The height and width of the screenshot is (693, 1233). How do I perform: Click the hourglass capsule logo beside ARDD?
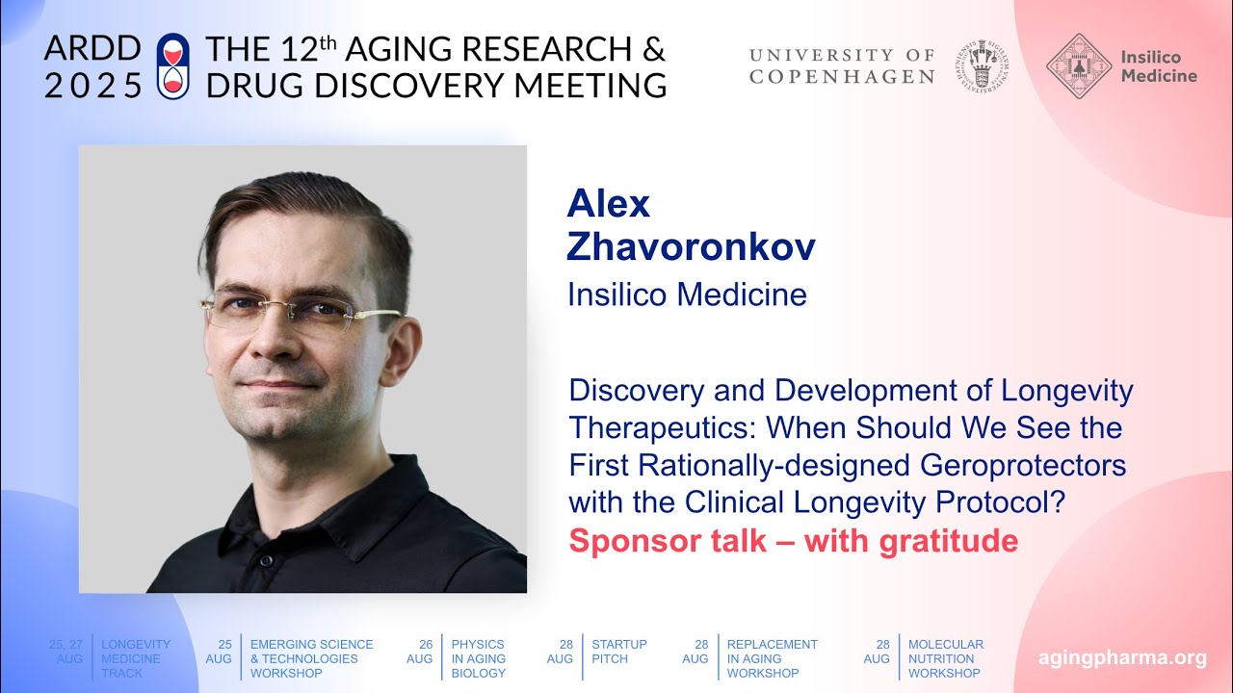point(172,65)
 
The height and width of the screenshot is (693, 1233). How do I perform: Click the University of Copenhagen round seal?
point(983,65)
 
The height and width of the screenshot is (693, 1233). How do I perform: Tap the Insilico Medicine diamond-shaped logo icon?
point(1078,65)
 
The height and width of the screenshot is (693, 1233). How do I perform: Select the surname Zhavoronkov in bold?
point(691,247)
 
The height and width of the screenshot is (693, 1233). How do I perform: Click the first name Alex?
point(609,203)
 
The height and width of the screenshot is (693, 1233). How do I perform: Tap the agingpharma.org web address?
point(1122,658)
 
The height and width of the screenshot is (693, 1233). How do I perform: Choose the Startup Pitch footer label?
point(619,652)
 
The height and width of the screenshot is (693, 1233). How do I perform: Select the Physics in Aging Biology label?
point(479,658)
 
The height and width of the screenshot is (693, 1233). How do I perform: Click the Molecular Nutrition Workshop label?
point(946,658)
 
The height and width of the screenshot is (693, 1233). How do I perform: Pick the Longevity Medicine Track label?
point(136,658)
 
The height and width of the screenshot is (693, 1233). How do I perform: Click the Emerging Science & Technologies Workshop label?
point(311,658)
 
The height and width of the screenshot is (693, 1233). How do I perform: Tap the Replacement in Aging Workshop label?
point(773,658)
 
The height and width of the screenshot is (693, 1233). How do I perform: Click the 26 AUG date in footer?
point(419,652)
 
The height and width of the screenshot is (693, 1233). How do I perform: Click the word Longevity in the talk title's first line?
point(1067,390)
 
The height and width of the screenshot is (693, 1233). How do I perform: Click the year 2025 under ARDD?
point(92,86)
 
